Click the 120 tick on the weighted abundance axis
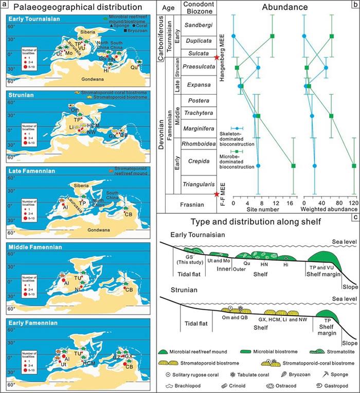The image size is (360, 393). click(353, 202)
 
